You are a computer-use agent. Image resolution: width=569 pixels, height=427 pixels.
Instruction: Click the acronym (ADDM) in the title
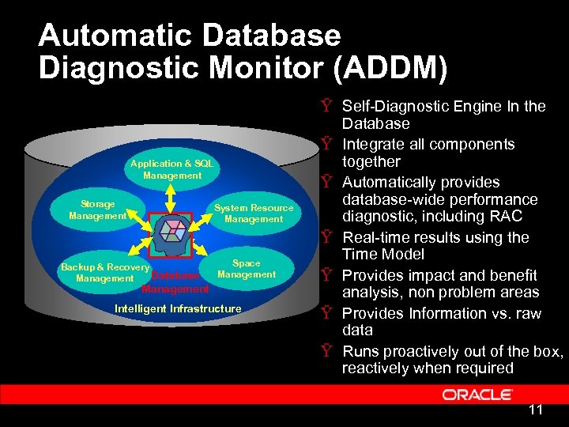point(391,66)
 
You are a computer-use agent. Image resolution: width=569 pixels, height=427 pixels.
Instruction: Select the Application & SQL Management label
point(172,169)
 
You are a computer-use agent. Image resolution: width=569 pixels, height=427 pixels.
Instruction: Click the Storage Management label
point(97,210)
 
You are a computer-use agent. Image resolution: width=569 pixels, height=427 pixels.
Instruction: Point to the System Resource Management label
point(254,213)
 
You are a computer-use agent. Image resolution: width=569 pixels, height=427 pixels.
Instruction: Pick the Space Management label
point(247,269)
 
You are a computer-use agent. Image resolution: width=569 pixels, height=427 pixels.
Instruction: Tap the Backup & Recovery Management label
point(104,273)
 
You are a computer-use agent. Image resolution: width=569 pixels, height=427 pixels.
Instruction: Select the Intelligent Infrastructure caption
point(178,308)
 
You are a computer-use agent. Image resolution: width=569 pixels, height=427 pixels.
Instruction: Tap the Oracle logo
point(477,394)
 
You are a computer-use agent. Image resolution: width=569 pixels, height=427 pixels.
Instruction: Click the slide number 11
point(535,410)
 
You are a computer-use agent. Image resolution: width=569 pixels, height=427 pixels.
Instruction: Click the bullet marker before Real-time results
point(326,237)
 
